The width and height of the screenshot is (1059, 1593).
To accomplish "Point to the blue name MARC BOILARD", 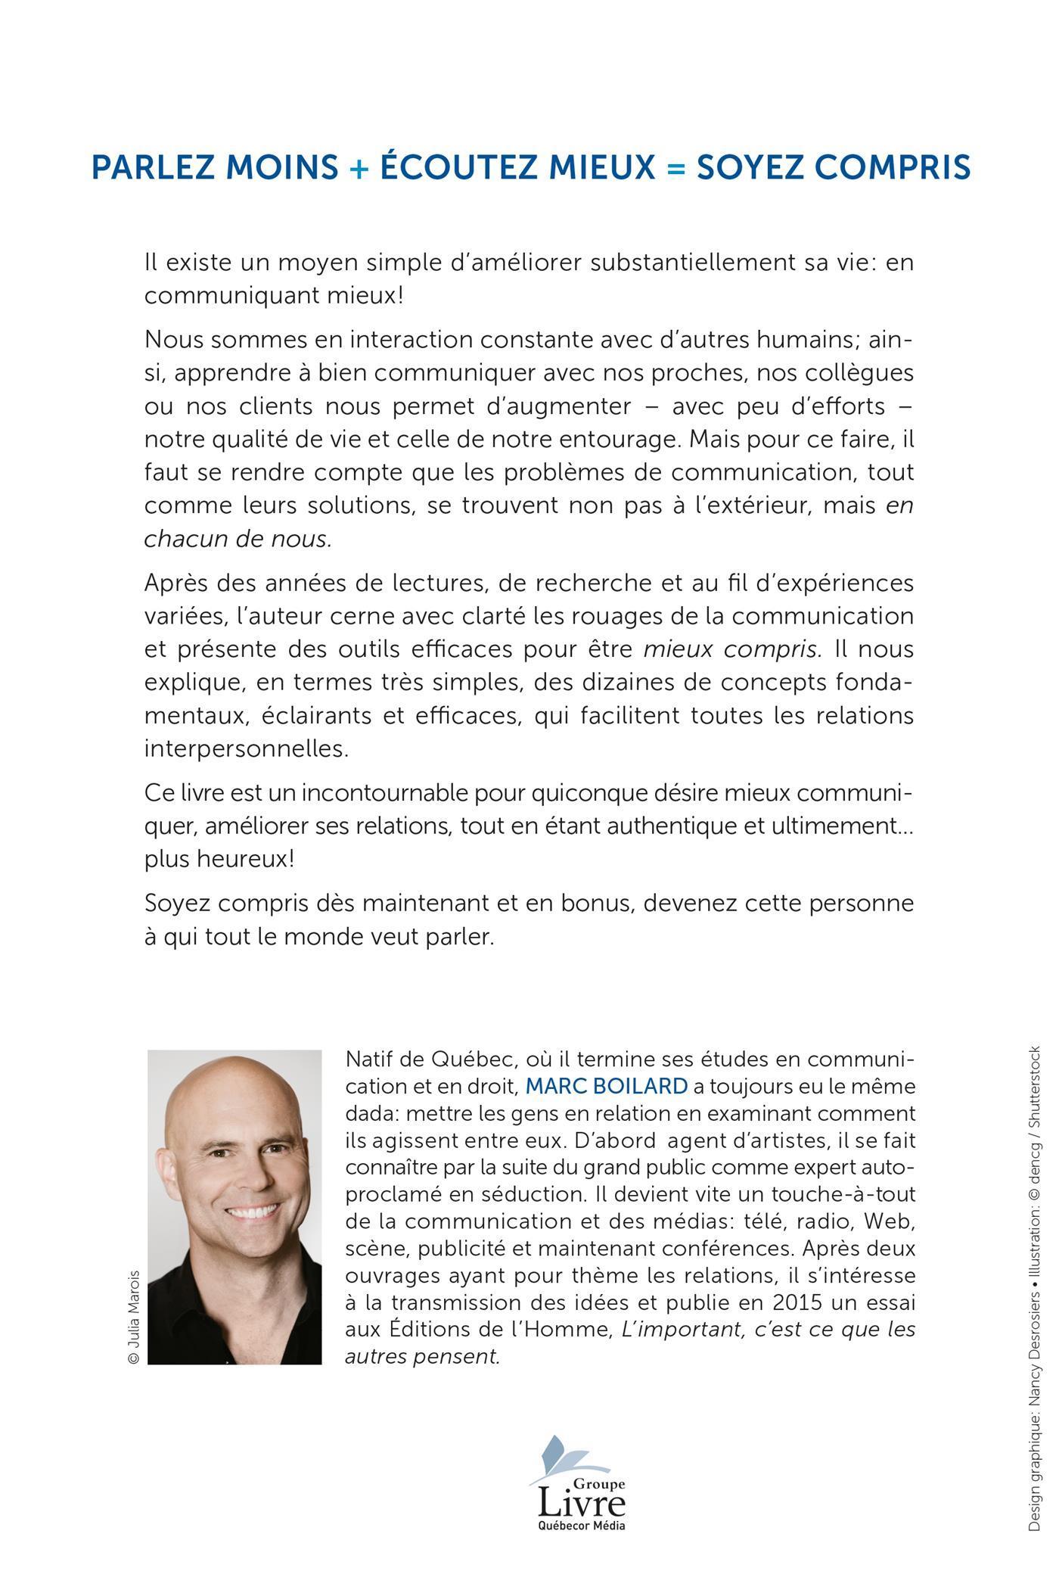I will coord(606,1086).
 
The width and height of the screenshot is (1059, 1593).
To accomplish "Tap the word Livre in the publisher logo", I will coord(581,1500).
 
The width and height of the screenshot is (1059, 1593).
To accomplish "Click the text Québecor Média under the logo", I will coord(581,1526).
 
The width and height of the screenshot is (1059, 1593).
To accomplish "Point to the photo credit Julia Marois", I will coord(134,1316).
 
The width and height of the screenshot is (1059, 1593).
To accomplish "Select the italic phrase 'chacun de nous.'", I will coord(238,539).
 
